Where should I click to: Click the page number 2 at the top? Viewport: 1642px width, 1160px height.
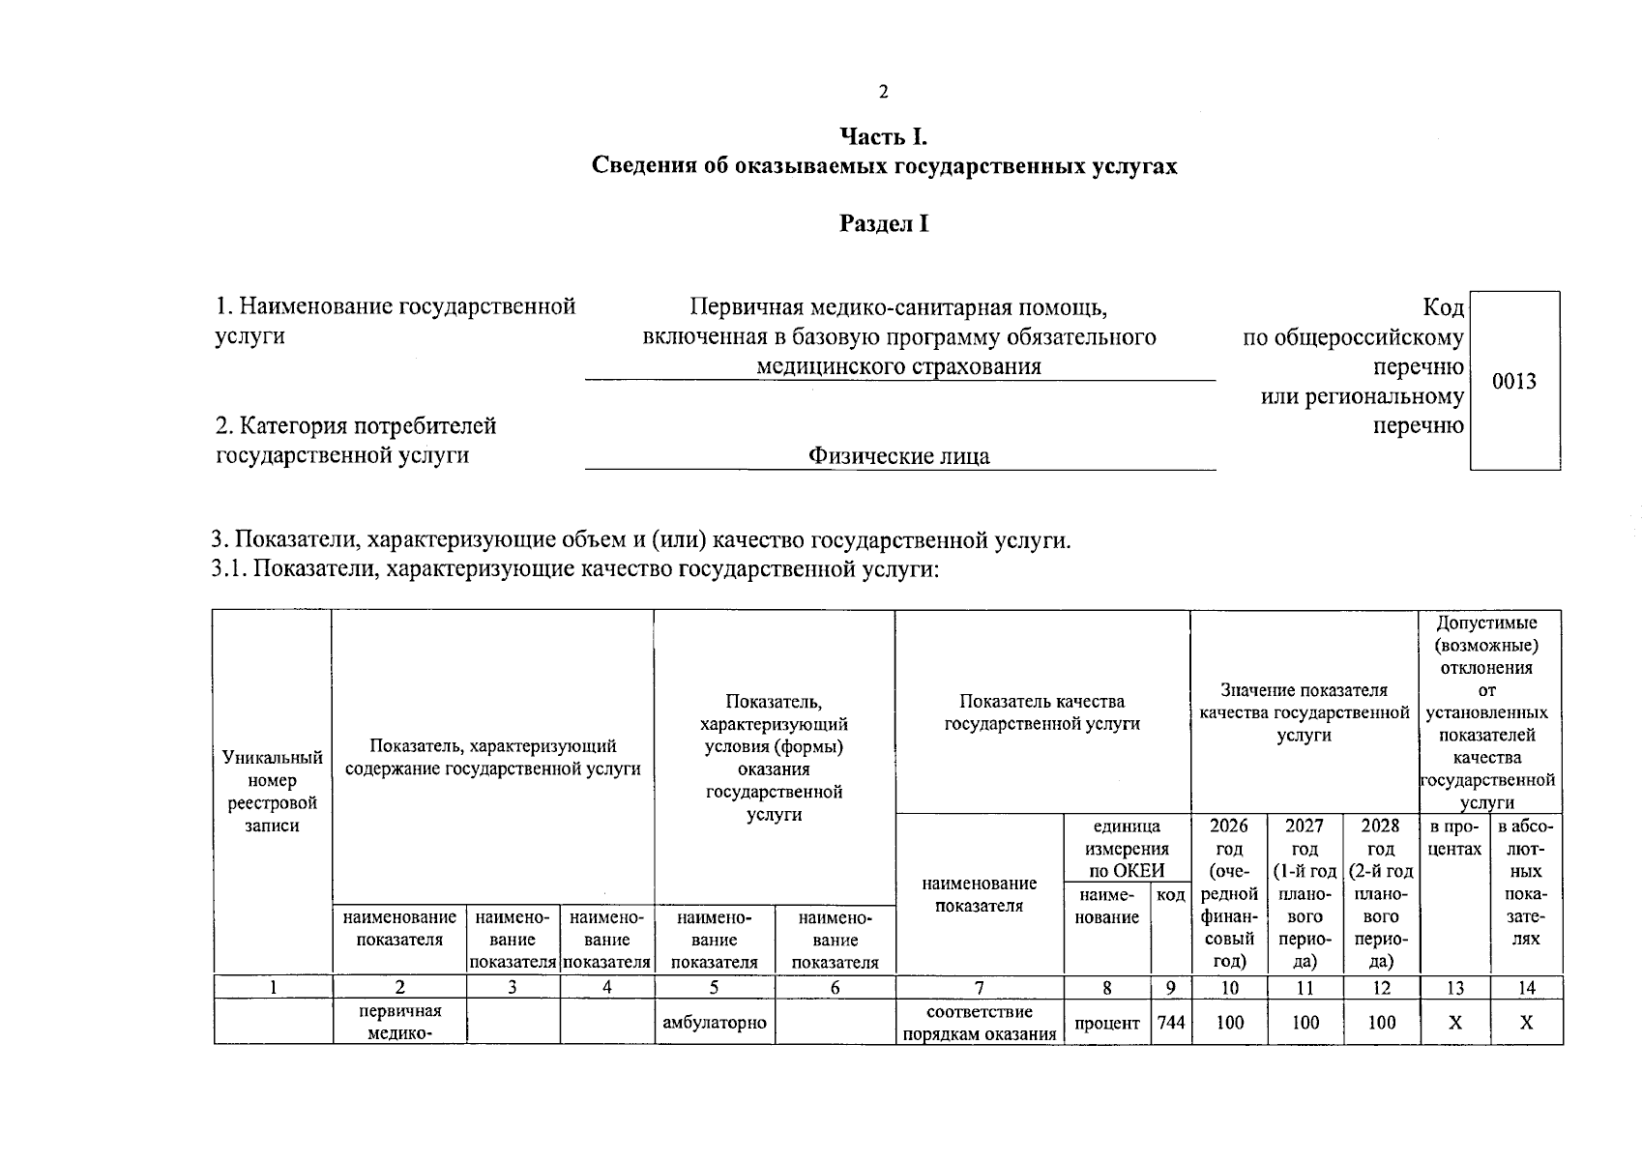(882, 93)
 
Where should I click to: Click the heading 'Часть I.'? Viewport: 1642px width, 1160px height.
(884, 137)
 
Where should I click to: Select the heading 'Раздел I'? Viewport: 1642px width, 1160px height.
(884, 224)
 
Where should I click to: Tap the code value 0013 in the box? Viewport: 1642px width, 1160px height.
(1513, 381)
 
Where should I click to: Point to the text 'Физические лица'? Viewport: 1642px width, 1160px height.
(899, 456)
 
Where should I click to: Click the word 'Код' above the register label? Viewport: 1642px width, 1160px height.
(1443, 307)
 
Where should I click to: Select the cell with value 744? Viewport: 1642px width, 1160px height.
(1170, 1023)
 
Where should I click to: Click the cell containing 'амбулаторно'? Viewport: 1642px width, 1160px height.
(715, 1023)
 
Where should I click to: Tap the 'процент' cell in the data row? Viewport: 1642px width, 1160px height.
(1106, 1023)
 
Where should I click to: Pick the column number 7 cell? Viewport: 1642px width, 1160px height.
(979, 987)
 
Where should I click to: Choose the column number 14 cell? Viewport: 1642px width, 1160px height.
(1526, 987)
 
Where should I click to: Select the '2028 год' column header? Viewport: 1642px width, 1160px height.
(1381, 892)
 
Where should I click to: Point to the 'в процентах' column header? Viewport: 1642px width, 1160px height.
(1454, 838)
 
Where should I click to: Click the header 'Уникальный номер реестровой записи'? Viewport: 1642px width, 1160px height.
(272, 792)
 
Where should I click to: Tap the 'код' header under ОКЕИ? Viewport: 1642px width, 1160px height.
(1170, 895)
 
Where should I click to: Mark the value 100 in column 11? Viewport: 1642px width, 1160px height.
(1305, 1023)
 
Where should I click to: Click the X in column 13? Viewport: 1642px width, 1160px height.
(1454, 1023)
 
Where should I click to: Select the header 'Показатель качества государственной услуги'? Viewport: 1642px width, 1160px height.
(1041, 712)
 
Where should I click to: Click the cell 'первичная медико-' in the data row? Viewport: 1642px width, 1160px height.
(398, 1023)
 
